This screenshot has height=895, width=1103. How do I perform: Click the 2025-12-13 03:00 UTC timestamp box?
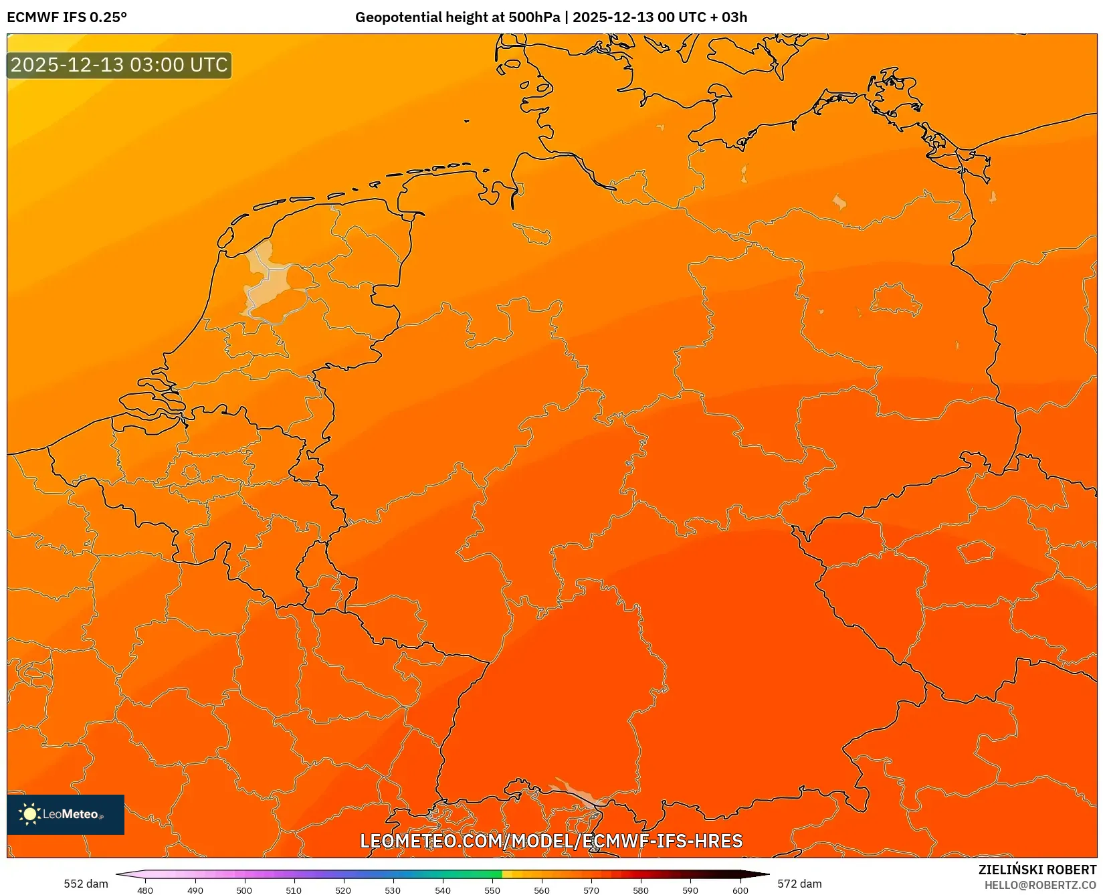tap(119, 65)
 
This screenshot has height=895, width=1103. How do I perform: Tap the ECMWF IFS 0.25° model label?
tap(66, 17)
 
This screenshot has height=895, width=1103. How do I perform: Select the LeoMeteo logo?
tap(66, 814)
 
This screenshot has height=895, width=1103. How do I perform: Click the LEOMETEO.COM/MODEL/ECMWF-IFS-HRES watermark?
tap(551, 841)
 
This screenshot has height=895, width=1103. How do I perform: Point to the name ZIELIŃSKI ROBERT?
tap(1037, 870)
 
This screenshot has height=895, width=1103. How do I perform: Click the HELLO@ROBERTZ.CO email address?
tap(1040, 885)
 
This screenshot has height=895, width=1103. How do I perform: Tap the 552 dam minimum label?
tap(86, 884)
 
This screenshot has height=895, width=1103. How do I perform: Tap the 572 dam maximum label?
tap(799, 884)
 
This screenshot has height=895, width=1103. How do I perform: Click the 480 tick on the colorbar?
tap(145, 890)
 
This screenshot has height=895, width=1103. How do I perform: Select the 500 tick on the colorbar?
tap(244, 890)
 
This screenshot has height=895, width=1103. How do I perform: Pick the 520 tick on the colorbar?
tap(343, 890)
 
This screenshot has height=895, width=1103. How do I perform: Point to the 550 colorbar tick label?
tap(492, 890)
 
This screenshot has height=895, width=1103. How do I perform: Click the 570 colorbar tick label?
tap(591, 890)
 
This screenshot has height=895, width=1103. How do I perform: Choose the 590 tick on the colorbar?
tap(690, 890)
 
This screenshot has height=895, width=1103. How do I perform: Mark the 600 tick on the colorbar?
tap(740, 890)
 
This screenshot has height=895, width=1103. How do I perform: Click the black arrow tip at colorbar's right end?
tap(765, 874)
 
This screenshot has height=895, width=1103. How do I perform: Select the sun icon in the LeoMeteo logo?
tap(29, 814)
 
